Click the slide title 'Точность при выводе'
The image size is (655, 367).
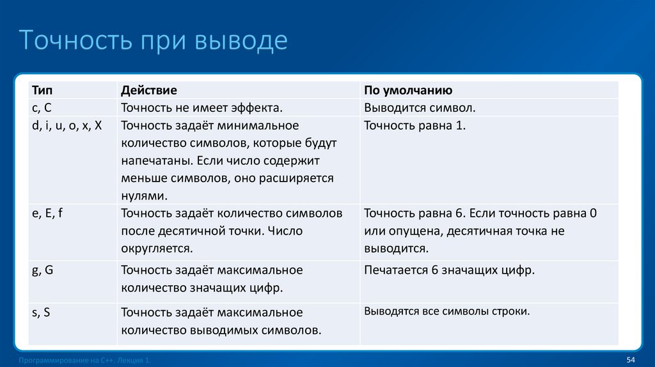(x=154, y=40)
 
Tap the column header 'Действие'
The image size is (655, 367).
(x=148, y=91)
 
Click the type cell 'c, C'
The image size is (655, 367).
(x=46, y=108)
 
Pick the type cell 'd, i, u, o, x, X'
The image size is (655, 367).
(x=67, y=125)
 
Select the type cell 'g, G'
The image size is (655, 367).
(x=43, y=270)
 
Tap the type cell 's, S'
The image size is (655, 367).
(x=42, y=313)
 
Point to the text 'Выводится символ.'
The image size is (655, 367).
(x=420, y=108)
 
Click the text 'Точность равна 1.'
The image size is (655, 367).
(x=414, y=125)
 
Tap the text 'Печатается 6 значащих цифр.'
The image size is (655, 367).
(x=449, y=270)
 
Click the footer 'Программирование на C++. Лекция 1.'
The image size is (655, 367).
(x=86, y=361)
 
